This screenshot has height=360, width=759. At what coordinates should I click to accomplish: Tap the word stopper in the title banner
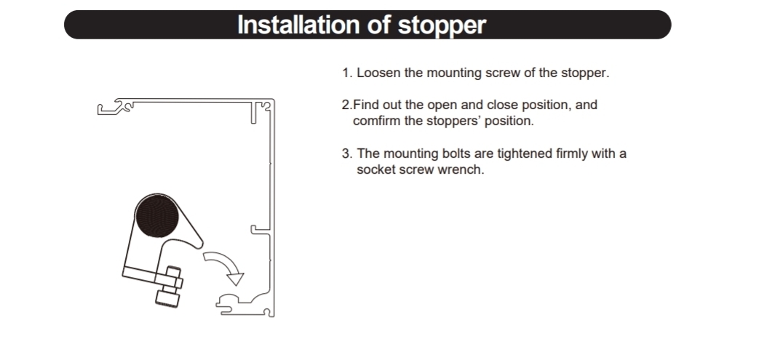(x=442, y=25)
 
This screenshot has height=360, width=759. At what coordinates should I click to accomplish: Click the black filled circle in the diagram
(x=157, y=216)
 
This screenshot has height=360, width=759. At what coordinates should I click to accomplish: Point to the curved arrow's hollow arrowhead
(x=236, y=279)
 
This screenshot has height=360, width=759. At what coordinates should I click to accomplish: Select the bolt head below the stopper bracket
(x=167, y=297)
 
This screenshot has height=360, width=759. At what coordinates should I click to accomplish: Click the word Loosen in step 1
(x=378, y=73)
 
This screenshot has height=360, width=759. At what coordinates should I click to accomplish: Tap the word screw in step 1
(x=501, y=73)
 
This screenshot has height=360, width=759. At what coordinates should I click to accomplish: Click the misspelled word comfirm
(x=377, y=121)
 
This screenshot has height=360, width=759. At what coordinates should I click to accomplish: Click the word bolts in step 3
(x=456, y=153)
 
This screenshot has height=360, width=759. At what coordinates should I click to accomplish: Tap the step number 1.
(x=346, y=73)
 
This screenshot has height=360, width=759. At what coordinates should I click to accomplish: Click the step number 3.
(x=346, y=153)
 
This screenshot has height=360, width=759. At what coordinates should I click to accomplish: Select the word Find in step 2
(x=366, y=105)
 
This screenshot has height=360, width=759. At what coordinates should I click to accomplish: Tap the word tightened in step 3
(x=525, y=154)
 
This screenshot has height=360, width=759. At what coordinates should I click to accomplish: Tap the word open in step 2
(x=442, y=105)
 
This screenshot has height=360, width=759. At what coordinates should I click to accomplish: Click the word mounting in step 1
(x=454, y=73)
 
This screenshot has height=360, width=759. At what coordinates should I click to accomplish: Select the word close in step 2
(x=502, y=105)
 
